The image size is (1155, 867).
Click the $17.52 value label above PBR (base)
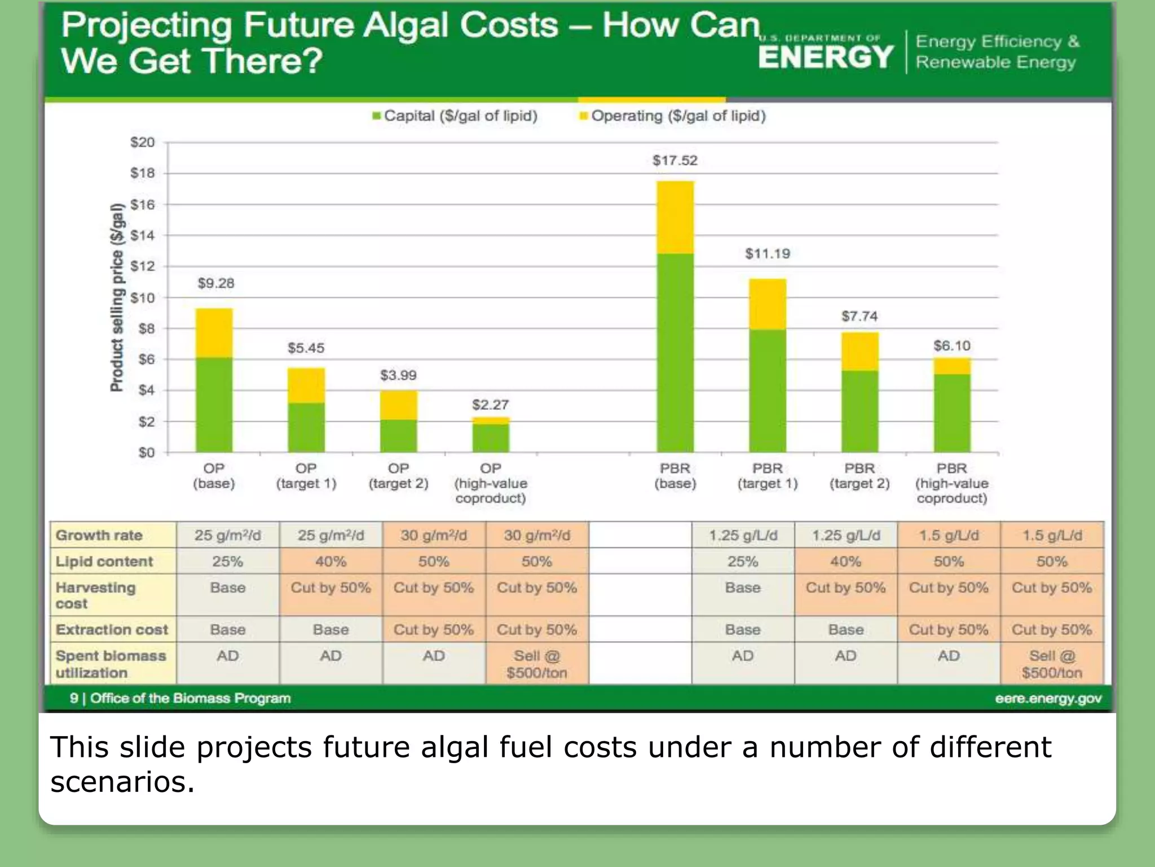pyautogui.click(x=675, y=161)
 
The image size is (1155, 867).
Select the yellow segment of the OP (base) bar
pyautogui.click(x=214, y=332)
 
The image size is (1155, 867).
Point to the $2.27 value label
pyautogui.click(x=490, y=405)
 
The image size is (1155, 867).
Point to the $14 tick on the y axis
pyautogui.click(x=142, y=235)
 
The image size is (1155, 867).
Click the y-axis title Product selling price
pyautogui.click(x=116, y=297)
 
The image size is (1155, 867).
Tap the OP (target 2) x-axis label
pyautogui.click(x=398, y=476)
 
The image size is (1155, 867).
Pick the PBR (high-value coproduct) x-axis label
pyautogui.click(x=951, y=483)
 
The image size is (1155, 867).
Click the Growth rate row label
pyautogui.click(x=99, y=535)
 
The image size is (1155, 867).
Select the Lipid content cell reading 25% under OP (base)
pyautogui.click(x=227, y=562)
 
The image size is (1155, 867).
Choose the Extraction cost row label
pyautogui.click(x=112, y=629)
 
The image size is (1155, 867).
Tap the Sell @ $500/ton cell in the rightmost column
pyautogui.click(x=1052, y=664)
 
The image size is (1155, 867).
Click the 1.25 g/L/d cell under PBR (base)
pyautogui.click(x=743, y=535)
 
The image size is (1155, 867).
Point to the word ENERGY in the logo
pyautogui.click(x=826, y=57)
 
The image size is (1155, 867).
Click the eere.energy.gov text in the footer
pyautogui.click(x=1048, y=698)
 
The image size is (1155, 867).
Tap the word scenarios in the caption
pyautogui.click(x=122, y=782)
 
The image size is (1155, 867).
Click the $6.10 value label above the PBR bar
pyautogui.click(x=951, y=345)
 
